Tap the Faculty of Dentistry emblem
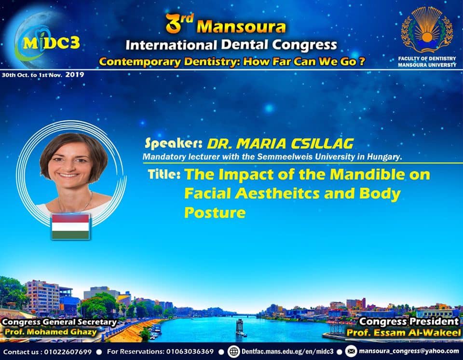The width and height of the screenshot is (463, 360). pyautogui.click(x=427, y=30)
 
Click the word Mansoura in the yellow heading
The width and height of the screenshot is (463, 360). pyautogui.click(x=241, y=27)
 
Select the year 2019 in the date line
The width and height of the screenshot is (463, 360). pyautogui.click(x=75, y=74)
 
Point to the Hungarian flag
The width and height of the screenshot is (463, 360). pyautogui.click(x=70, y=227)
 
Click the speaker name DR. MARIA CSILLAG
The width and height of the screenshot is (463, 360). pyautogui.click(x=280, y=144)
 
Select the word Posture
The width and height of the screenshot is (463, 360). pyautogui.click(x=215, y=212)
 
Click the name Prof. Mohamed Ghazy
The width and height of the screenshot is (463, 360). pyautogui.click(x=51, y=332)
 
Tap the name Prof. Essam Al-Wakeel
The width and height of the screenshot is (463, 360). pyautogui.click(x=404, y=333)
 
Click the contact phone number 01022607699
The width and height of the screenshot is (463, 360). pyautogui.click(x=68, y=352)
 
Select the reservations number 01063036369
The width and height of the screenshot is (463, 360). pyautogui.click(x=190, y=351)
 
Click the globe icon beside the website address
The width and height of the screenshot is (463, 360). pyautogui.click(x=233, y=351)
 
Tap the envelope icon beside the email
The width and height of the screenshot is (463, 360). pyautogui.click(x=351, y=351)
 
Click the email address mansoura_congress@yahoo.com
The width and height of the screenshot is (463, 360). pyautogui.click(x=409, y=351)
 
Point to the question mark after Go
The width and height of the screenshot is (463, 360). pyautogui.click(x=362, y=61)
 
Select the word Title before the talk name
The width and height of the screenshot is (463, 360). pyautogui.click(x=164, y=174)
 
